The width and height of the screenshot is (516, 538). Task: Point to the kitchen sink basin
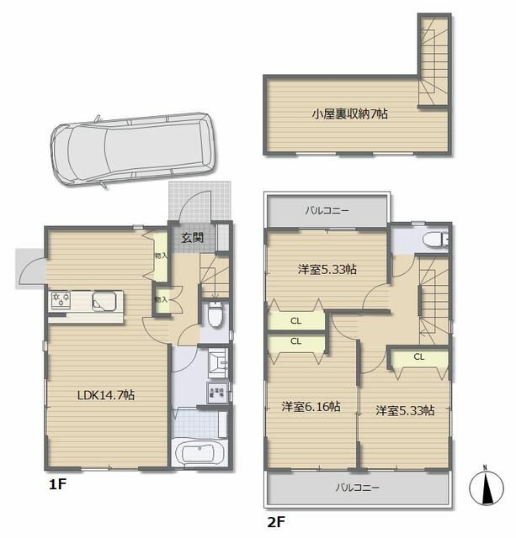pyautogui.click(x=105, y=300)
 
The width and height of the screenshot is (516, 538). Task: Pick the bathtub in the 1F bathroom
pyautogui.click(x=199, y=455)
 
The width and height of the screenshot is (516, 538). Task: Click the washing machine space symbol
pyautogui.click(x=215, y=392)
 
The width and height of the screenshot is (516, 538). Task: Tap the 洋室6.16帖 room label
pyautogui.click(x=311, y=407)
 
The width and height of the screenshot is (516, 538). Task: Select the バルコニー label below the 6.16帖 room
pyautogui.click(x=359, y=488)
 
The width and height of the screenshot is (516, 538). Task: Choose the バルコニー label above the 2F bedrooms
pyautogui.click(x=327, y=210)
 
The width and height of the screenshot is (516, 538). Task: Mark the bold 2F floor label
pyautogui.click(x=277, y=522)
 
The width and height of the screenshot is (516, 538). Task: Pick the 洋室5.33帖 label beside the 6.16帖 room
pyautogui.click(x=405, y=410)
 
